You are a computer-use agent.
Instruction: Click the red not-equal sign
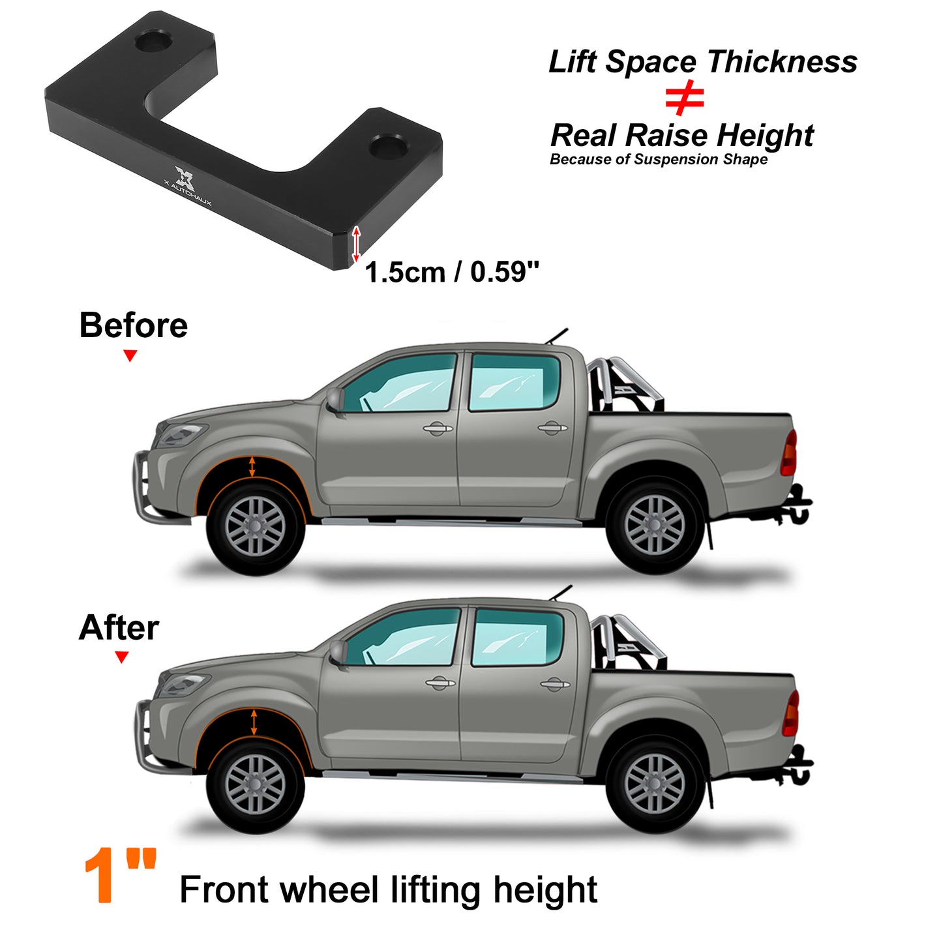pos(684,98)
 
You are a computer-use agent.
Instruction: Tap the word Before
pos(134,325)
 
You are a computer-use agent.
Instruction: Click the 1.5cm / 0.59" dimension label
pos(452,271)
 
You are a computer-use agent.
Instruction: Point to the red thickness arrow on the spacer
pos(356,244)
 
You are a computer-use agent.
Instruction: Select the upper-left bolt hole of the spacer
pos(153,41)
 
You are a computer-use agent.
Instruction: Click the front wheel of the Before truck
pos(256,526)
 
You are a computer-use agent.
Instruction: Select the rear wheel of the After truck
pos(655,784)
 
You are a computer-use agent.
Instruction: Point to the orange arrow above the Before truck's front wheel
pos(252,466)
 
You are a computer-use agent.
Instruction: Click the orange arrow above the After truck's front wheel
pos(254,723)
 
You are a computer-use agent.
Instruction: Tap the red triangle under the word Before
pos(130,356)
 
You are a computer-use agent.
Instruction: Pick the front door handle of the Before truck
pos(438,429)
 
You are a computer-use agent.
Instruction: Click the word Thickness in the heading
pos(782,62)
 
